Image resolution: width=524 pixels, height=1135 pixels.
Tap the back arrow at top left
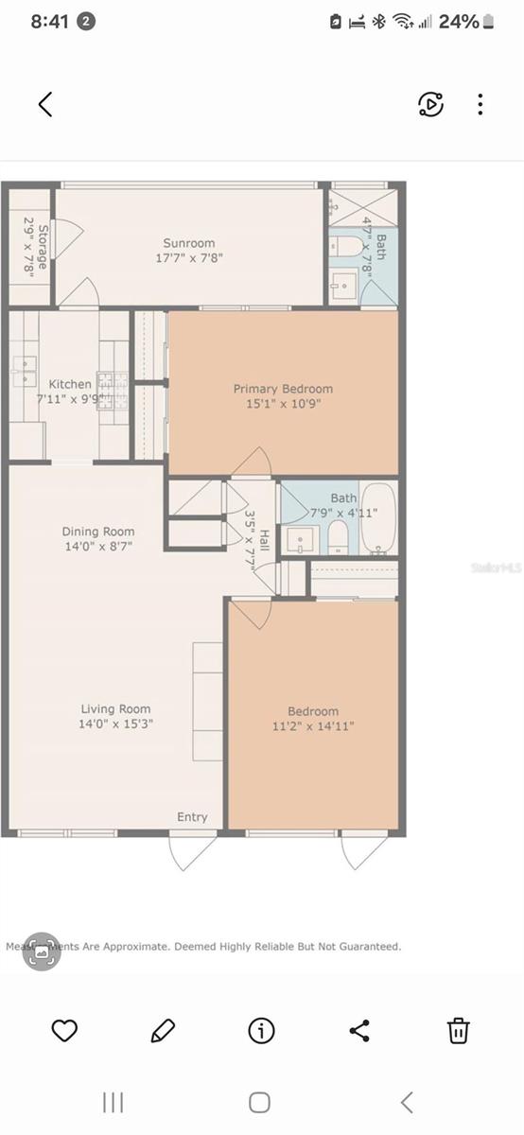pyautogui.click(x=44, y=104)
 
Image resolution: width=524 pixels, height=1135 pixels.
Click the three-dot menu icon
pyautogui.click(x=480, y=104)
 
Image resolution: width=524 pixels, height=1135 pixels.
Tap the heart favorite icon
pyautogui.click(x=64, y=1030)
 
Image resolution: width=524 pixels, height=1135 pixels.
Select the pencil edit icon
pyautogui.click(x=163, y=1030)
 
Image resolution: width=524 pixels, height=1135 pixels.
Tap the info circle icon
pyautogui.click(x=261, y=1030)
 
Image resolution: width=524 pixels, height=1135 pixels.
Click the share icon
pyautogui.click(x=359, y=1030)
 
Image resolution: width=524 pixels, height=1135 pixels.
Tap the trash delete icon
pyautogui.click(x=459, y=1030)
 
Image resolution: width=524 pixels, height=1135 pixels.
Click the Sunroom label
pyautogui.click(x=189, y=242)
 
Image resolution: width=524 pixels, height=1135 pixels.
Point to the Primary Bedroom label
pyautogui.click(x=283, y=389)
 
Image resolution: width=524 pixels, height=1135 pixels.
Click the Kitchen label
pyautogui.click(x=70, y=384)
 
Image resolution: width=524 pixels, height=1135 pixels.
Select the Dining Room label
pyautogui.click(x=98, y=532)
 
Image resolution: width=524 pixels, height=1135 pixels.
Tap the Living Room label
pyautogui.click(x=115, y=708)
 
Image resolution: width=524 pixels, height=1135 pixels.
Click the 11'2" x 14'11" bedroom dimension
pyautogui.click(x=313, y=726)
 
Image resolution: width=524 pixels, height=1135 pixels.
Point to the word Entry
pyautogui.click(x=192, y=817)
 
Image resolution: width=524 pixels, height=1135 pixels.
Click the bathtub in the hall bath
pyautogui.click(x=379, y=517)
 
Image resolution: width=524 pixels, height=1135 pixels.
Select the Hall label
pyautogui.click(x=265, y=540)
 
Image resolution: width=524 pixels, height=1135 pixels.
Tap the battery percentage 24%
pyautogui.click(x=458, y=22)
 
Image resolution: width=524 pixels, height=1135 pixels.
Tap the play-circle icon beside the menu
pyautogui.click(x=430, y=104)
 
